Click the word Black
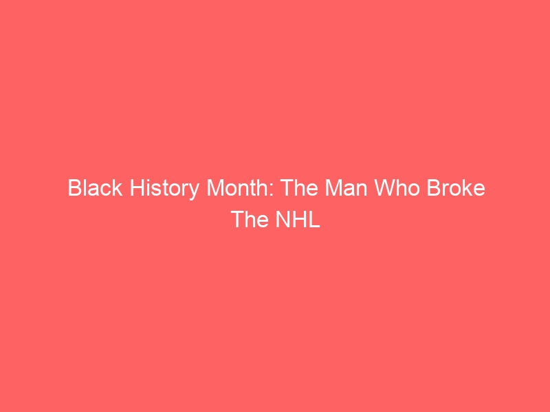coord(95,187)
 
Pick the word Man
coord(346,187)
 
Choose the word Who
coord(397,187)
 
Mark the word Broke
coord(456,187)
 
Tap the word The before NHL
coord(250,219)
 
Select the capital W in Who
coord(384,187)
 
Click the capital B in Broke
coord(433,187)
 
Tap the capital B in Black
coord(74,187)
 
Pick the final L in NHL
coord(315,219)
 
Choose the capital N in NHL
coord(283,219)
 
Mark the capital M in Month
coord(214,187)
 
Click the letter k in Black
coord(118,187)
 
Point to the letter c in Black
coord(107,190)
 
